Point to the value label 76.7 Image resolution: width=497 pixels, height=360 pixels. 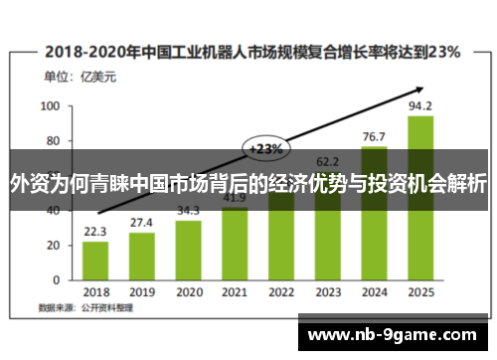click(374, 136)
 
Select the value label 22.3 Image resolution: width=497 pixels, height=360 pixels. click(95, 231)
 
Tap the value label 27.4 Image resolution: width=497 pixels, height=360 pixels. click(142, 222)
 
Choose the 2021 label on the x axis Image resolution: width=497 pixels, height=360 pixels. click(235, 292)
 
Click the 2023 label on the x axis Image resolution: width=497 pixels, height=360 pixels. click(327, 292)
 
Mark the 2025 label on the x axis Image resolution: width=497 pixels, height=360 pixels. click(420, 292)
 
